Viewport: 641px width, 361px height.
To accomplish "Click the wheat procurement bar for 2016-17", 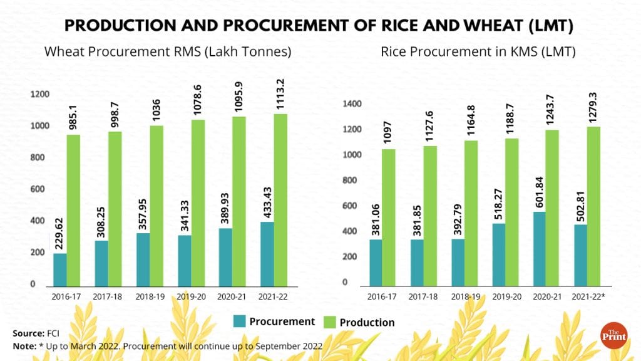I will (60, 269).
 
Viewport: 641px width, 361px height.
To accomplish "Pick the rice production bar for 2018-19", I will (470, 213).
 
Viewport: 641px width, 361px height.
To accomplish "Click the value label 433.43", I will (267, 199).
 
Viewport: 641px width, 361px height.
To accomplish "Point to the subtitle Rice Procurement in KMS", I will (478, 52).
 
